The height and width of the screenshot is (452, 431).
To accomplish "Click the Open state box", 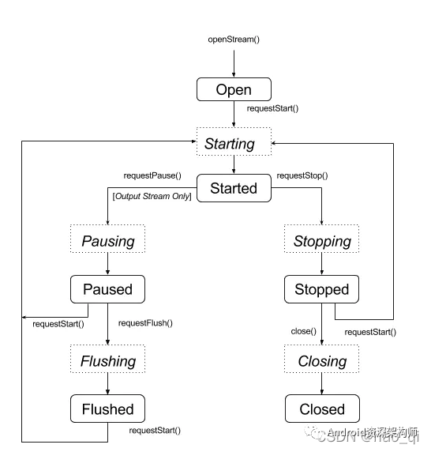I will coord(234,89).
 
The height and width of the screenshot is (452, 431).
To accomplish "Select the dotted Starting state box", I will coord(234,144).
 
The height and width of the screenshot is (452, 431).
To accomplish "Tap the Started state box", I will coord(234,188).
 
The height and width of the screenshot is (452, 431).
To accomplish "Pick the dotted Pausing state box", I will coord(107,240).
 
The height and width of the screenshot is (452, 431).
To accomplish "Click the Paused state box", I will coord(107,289).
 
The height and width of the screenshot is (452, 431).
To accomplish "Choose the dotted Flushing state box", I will coord(107,361).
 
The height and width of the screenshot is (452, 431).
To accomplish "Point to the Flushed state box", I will coord(107,409).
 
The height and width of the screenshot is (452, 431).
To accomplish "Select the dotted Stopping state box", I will coord(322,240).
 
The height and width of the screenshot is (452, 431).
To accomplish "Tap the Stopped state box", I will coord(322,289).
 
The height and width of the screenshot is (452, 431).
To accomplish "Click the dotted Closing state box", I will coord(322,361).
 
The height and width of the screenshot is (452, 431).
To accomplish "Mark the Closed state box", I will coord(322,409).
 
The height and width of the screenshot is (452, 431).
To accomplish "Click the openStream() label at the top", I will coord(234,39).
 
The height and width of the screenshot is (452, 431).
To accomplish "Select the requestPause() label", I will coord(152,175).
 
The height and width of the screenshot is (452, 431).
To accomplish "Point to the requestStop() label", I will coord(303,175).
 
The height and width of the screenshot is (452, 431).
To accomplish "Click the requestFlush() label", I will coord(145,322).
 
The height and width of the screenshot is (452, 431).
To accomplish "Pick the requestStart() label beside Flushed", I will coord(155,431).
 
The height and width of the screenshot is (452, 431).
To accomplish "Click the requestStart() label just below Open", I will coord(272,107).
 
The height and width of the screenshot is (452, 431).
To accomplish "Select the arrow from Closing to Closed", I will coord(322,384).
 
